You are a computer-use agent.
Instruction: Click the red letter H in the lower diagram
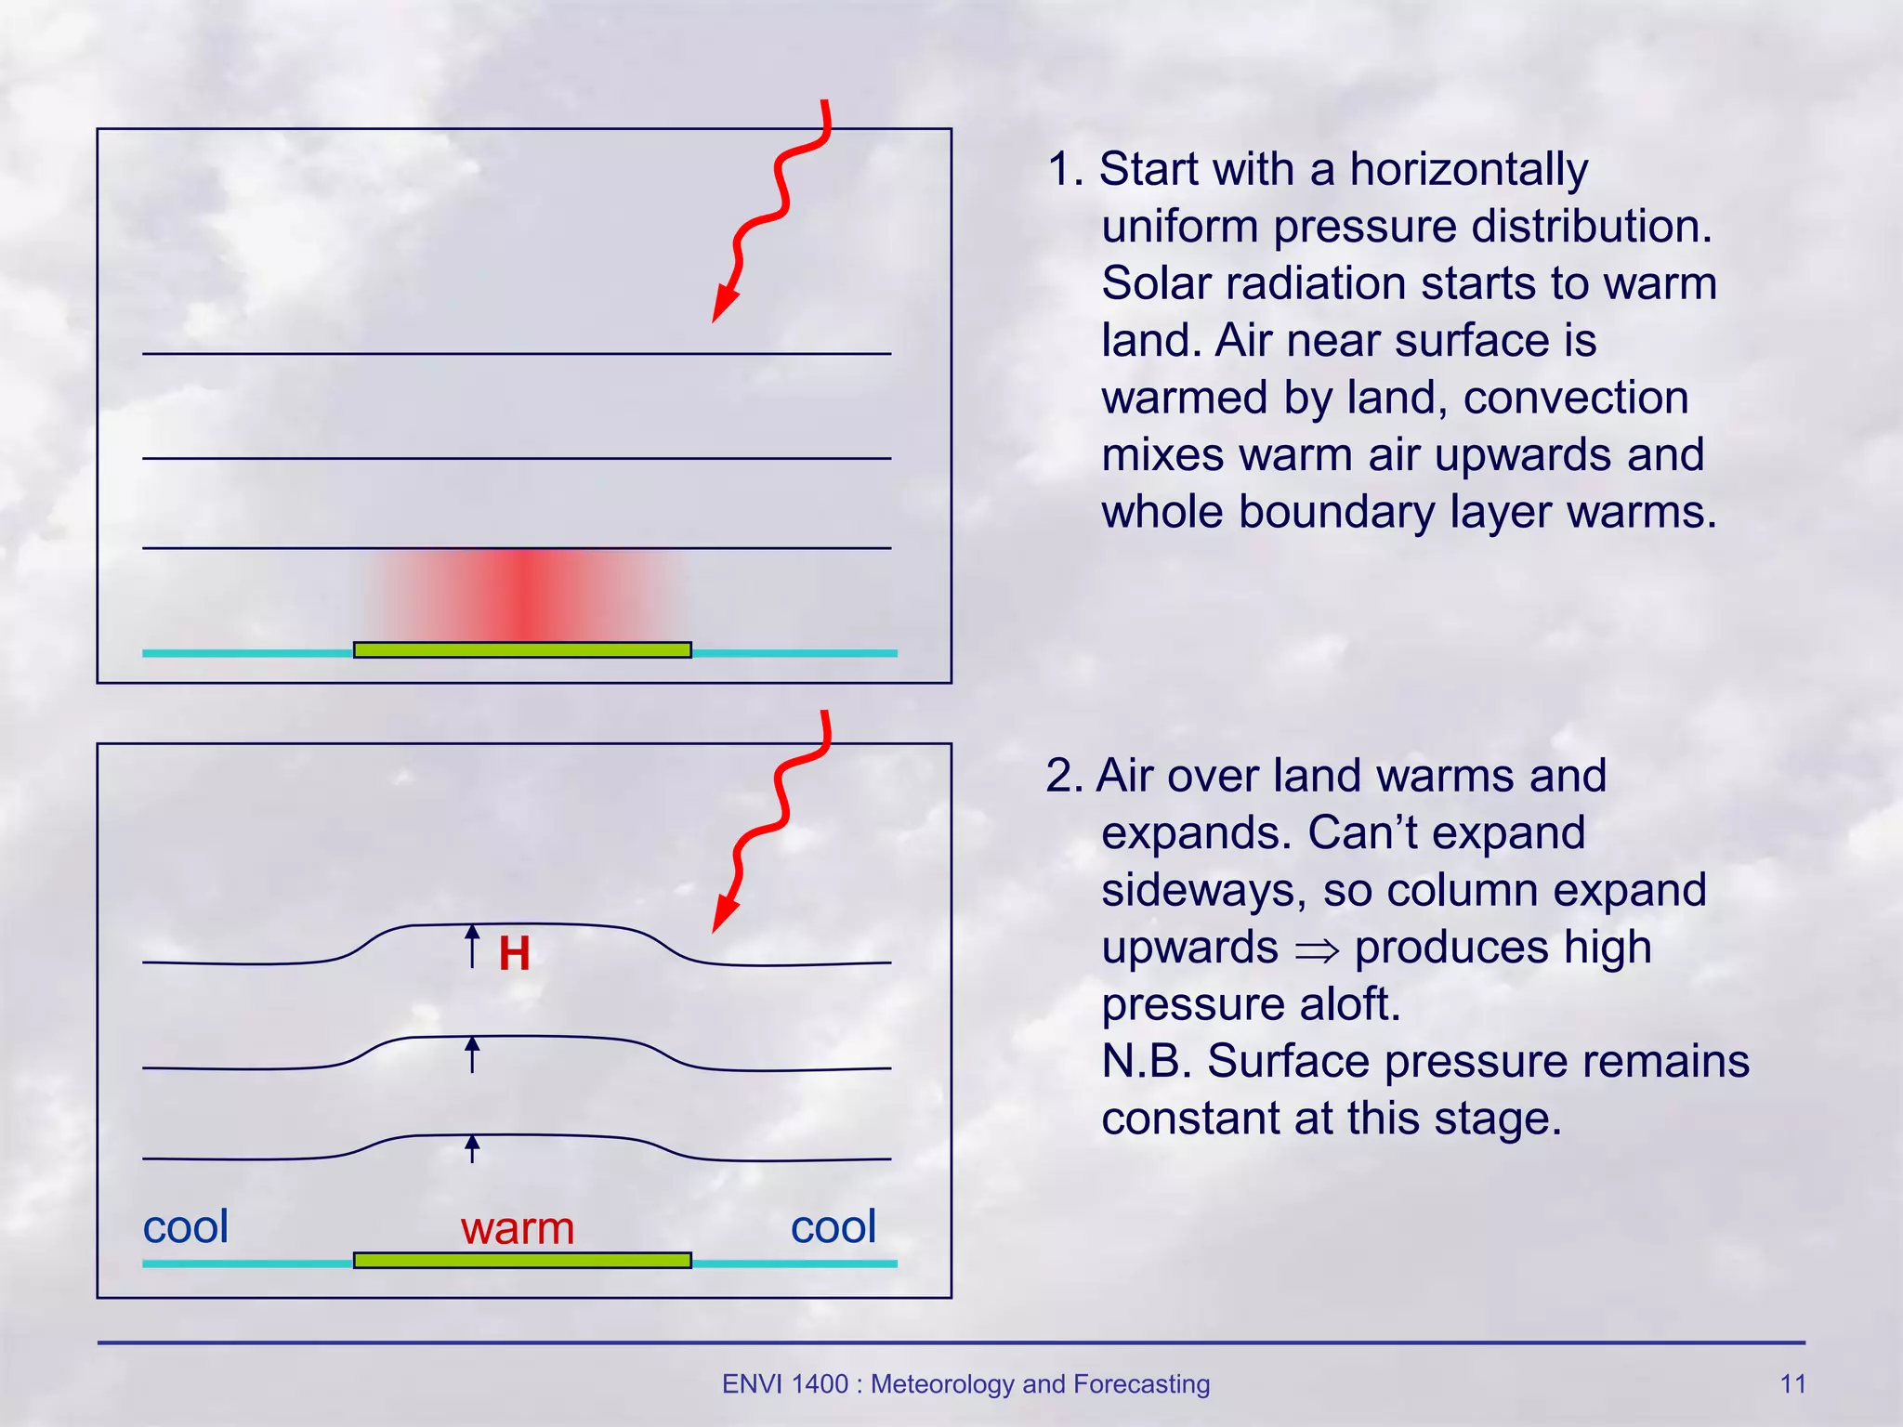(x=514, y=954)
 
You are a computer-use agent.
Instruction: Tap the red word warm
(x=518, y=1228)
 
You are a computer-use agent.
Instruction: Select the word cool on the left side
(x=185, y=1226)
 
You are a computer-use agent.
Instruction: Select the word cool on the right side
(x=833, y=1226)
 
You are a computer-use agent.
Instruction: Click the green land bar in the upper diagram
(x=522, y=649)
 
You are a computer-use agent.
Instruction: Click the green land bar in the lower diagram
(x=522, y=1260)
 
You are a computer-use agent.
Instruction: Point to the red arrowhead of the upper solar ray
(x=723, y=305)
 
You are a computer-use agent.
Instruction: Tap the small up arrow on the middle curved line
(x=472, y=1054)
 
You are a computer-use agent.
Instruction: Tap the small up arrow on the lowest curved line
(x=472, y=1148)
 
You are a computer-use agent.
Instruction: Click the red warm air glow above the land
(x=525, y=595)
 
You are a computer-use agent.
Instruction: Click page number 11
(x=1792, y=1384)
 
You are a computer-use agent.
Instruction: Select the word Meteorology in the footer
(x=941, y=1384)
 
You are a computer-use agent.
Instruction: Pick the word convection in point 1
(x=1576, y=399)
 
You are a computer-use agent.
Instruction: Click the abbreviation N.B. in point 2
(x=1146, y=1062)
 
